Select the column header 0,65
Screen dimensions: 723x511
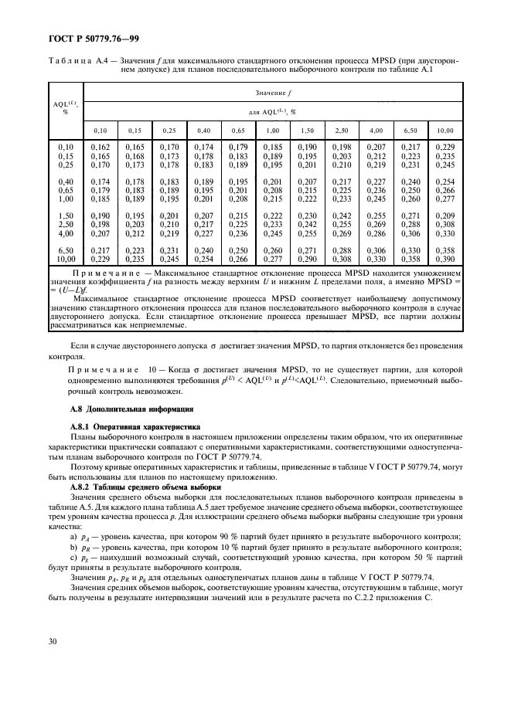(x=237, y=130)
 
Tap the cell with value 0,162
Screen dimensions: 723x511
(x=100, y=147)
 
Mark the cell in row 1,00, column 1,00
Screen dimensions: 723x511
(x=272, y=199)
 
